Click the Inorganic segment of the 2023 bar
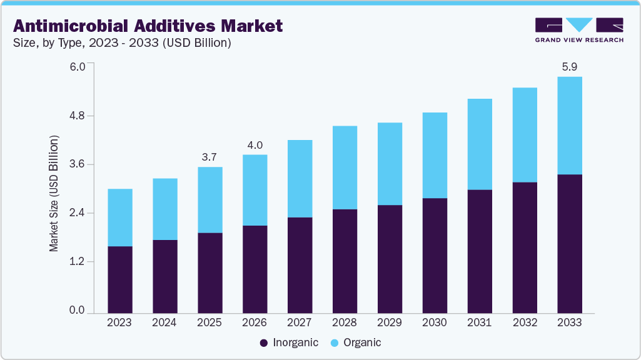coord(119,279)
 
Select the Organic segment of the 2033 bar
coord(570,126)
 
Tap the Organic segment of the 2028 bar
coord(345,167)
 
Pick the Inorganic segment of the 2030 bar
coord(435,255)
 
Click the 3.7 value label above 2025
coord(209,157)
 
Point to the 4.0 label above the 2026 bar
coord(255,145)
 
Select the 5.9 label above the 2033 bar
coord(570,66)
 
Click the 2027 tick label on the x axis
coord(300,323)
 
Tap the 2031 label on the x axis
coord(480,323)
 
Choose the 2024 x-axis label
coord(164,323)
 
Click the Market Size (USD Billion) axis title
coord(54,194)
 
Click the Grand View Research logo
coord(579,29)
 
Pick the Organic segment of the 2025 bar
coord(209,200)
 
